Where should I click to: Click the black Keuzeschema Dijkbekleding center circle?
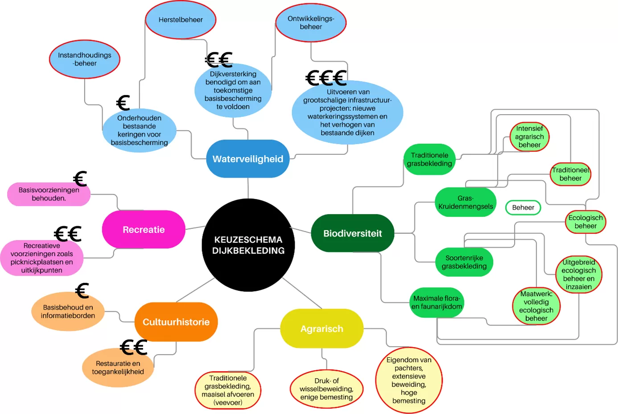coord(248,245)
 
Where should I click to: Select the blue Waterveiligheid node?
coord(247,159)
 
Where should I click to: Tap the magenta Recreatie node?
coord(144,229)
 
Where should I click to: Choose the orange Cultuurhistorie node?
coord(176,322)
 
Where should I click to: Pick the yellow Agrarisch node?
coord(321,329)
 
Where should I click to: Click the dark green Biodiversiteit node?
coord(352,233)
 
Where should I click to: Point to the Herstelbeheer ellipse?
coord(181,20)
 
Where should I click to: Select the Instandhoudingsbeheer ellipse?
coord(85,59)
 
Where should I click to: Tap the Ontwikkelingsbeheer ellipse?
coord(311,23)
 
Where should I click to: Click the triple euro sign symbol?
coord(326,79)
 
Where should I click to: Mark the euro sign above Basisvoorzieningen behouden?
coord(80,179)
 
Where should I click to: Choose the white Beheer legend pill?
coord(523,207)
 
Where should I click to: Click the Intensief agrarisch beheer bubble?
coord(529,137)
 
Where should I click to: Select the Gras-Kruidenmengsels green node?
coord(466,202)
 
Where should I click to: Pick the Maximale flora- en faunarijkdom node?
coord(437,302)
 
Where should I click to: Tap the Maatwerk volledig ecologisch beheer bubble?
coord(536,306)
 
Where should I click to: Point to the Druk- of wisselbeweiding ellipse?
coord(326,389)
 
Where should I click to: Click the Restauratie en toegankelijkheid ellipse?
coord(118,368)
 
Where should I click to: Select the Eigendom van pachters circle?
coord(409,381)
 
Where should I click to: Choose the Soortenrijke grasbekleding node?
coord(464,262)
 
